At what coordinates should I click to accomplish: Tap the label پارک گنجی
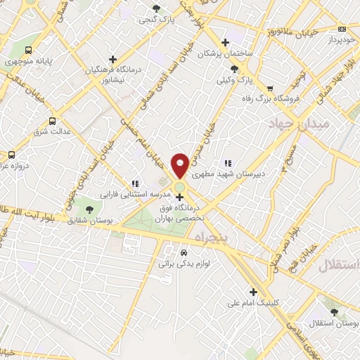pos(155,20)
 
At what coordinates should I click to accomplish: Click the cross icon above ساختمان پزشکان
pos(225,41)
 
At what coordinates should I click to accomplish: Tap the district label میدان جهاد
pos(292,124)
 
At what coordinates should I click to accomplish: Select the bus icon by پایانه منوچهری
pos(28,50)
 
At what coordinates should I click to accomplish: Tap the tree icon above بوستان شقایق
pos(89,209)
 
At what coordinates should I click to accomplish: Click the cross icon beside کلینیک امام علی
pos(253,292)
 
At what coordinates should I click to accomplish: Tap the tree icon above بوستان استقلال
pos(334,312)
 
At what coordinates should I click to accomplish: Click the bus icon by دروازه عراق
pos(11,155)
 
